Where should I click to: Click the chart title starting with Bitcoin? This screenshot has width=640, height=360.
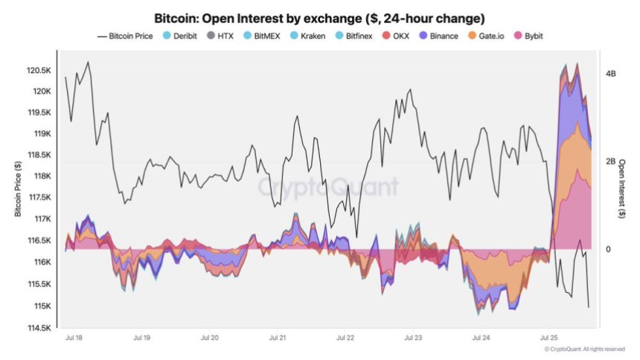coord(320,17)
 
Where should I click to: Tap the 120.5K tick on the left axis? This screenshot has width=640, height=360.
coord(38,71)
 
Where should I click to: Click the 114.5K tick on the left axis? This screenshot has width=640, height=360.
coord(38,327)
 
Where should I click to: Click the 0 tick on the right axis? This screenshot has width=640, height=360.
coord(608,249)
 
